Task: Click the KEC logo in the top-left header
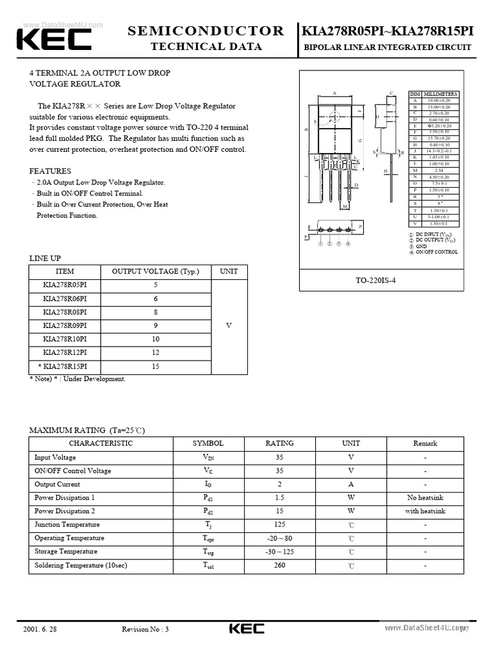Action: (x=54, y=40)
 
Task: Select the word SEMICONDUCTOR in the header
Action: (x=206, y=31)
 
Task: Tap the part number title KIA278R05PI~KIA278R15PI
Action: (x=388, y=31)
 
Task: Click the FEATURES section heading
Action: (x=50, y=171)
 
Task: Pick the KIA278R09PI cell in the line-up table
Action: (x=65, y=325)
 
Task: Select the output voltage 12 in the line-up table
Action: (x=156, y=353)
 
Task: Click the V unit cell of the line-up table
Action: (x=229, y=325)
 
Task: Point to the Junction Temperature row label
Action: (x=67, y=525)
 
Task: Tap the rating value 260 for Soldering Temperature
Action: (x=279, y=566)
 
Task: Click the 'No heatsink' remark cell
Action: (x=425, y=498)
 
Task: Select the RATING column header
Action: (x=279, y=443)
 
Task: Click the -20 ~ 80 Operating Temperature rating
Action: (x=279, y=538)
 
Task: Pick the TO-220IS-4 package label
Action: (x=376, y=281)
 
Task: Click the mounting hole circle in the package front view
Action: (x=334, y=117)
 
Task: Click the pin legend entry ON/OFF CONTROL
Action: (x=437, y=252)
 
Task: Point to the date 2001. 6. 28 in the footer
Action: (x=40, y=629)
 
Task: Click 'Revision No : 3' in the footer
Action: (x=145, y=629)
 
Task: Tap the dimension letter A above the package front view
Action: (x=334, y=93)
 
